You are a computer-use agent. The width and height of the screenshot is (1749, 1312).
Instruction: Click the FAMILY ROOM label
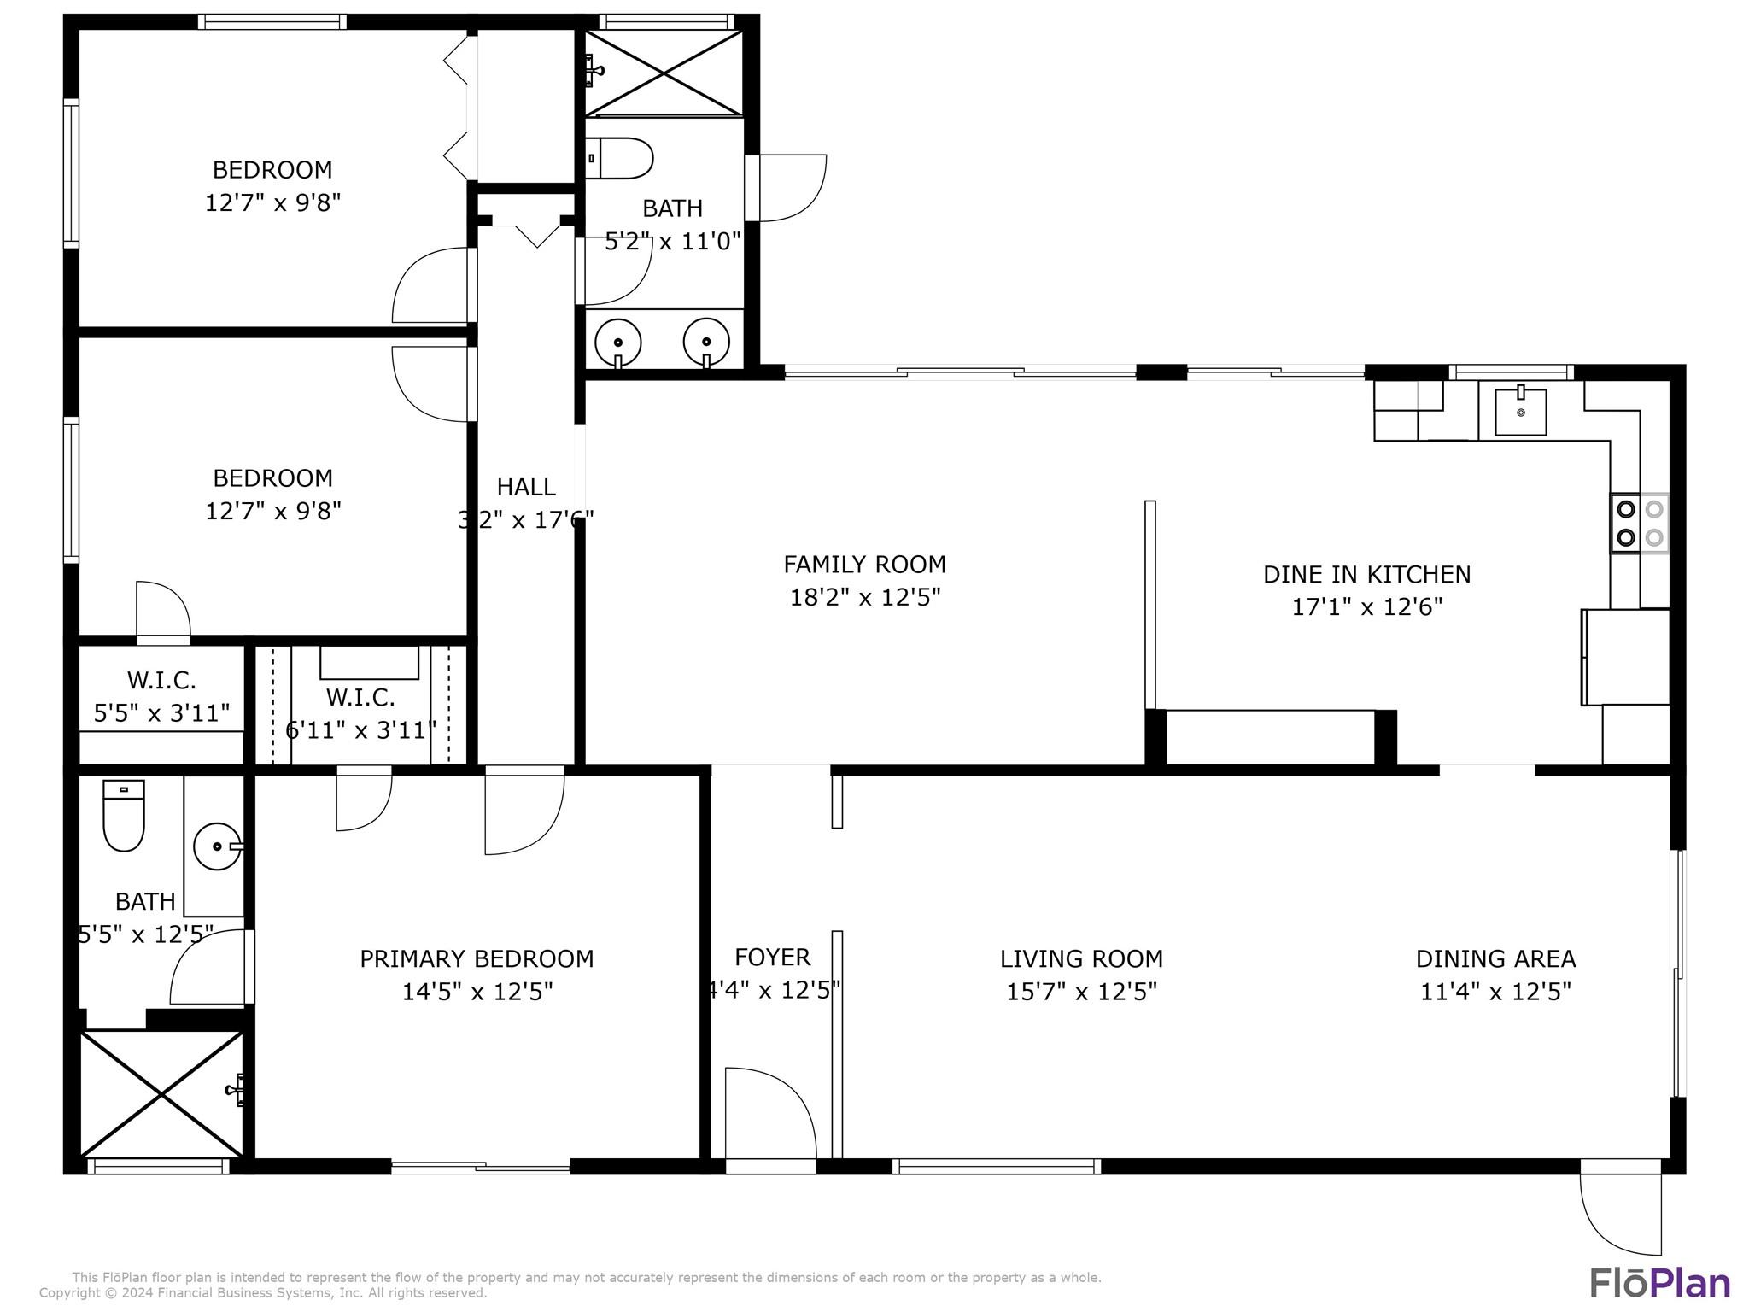[x=864, y=565]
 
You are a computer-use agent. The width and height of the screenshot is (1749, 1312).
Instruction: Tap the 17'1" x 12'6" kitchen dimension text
[x=1366, y=607]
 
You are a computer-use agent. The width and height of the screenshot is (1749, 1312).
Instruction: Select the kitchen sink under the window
[x=1520, y=412]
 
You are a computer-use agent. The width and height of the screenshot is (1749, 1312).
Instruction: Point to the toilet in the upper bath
[x=621, y=158]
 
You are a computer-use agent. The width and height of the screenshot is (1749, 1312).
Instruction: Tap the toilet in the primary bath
[x=124, y=815]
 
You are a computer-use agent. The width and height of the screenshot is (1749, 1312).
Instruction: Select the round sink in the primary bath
[x=217, y=846]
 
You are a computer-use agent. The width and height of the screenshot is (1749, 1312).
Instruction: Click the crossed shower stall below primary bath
[x=161, y=1094]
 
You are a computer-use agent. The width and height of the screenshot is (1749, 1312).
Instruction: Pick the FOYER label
[x=772, y=958]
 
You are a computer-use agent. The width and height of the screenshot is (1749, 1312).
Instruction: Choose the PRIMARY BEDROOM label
[x=477, y=959]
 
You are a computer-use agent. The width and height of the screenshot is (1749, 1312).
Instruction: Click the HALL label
[x=526, y=487]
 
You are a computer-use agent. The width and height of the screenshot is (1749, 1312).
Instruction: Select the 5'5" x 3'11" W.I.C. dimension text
[x=161, y=713]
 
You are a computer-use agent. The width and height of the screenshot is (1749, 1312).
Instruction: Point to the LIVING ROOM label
[x=1081, y=959]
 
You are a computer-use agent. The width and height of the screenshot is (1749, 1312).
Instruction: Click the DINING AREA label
[x=1495, y=959]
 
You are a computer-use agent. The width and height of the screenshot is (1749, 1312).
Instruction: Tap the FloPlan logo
[x=1659, y=1283]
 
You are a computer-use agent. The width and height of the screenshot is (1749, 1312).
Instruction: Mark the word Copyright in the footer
[x=71, y=1293]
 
